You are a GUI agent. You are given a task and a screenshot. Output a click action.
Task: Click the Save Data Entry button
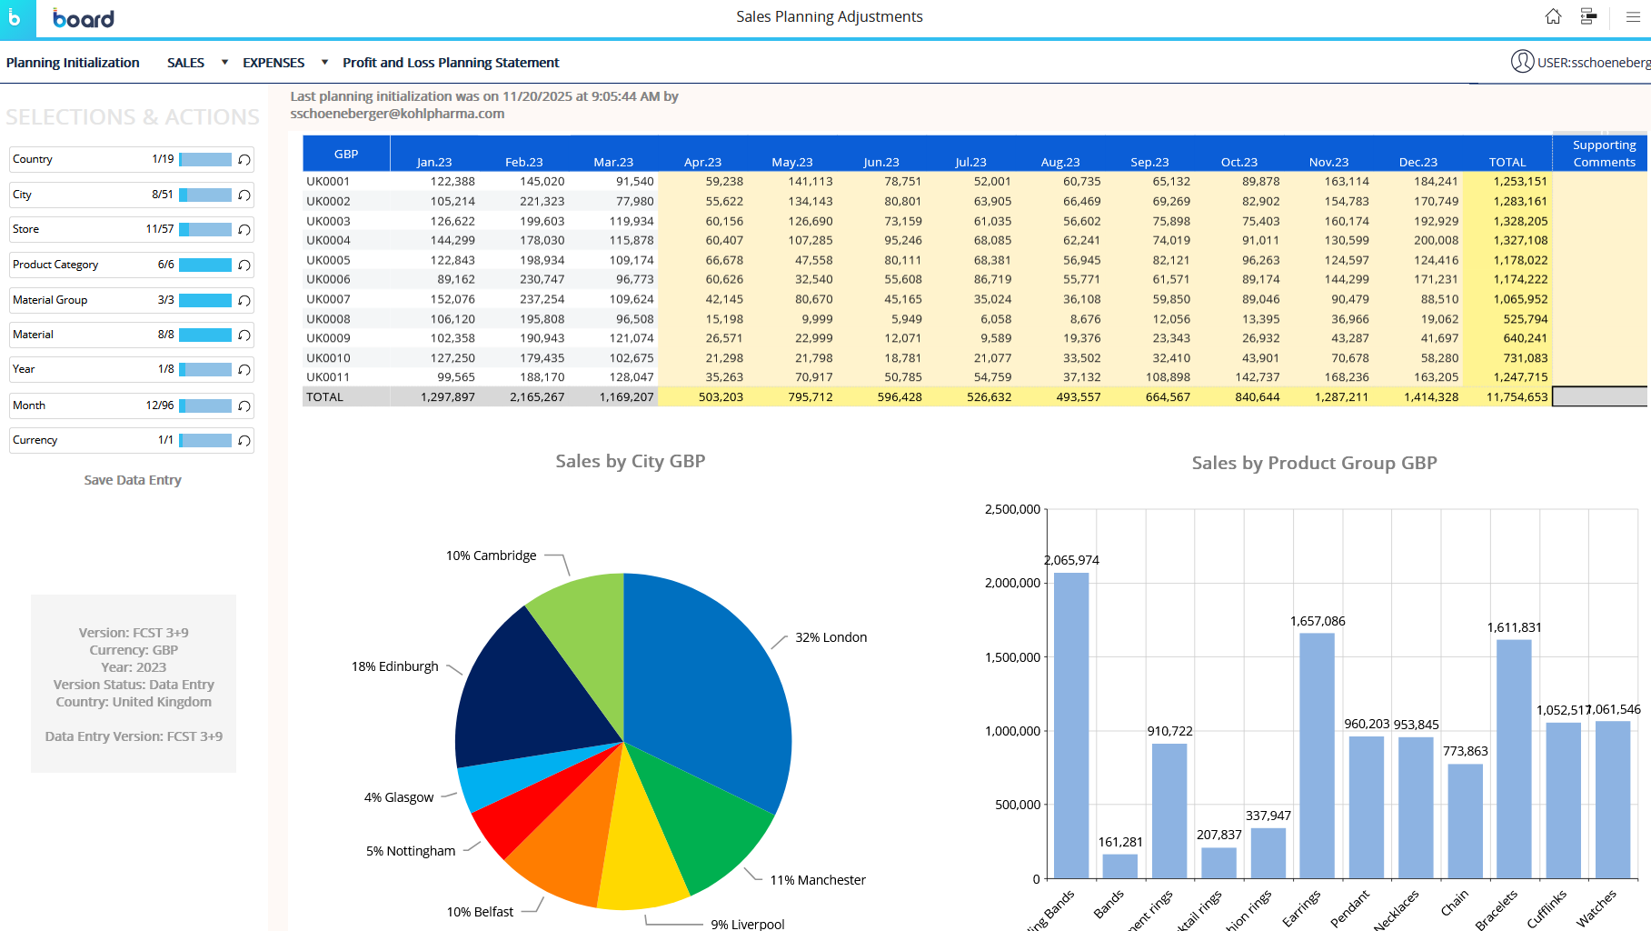[133, 480]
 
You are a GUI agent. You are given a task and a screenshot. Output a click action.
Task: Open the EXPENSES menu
[274, 63]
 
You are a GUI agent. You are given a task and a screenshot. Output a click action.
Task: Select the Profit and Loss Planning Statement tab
[451, 63]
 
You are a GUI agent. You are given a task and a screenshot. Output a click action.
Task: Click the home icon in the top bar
[1553, 16]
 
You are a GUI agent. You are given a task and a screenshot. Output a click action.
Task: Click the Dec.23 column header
[1417, 162]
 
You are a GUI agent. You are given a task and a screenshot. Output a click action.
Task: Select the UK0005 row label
[328, 260]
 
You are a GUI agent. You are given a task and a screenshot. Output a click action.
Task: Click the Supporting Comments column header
[1604, 154]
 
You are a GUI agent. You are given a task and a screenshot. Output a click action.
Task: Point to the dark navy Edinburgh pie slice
[527, 691]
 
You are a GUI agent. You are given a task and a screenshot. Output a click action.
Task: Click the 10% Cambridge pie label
[491, 556]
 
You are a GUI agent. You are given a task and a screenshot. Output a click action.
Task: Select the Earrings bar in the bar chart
[1317, 755]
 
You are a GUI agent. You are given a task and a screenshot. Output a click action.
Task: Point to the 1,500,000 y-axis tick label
[1012, 657]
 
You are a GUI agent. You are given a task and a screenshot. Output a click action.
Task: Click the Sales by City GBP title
[630, 461]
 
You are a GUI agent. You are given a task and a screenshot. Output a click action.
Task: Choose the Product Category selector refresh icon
[244, 265]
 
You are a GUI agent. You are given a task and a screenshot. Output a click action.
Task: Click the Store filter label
[26, 229]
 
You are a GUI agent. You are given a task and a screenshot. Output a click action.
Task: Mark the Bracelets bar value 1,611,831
[1514, 627]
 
